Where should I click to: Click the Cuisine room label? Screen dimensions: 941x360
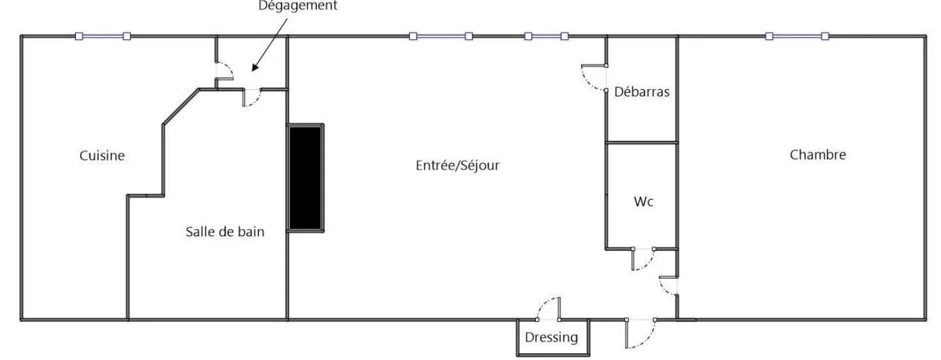[x=102, y=156]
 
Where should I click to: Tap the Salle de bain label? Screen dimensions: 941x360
[x=225, y=232]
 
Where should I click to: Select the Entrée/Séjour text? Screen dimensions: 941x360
[x=457, y=165]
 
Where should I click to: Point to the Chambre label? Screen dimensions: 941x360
[x=817, y=154]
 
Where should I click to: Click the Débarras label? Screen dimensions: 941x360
[x=642, y=92]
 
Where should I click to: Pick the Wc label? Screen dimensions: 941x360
[x=643, y=202]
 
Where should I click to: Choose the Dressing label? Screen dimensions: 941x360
[x=551, y=337]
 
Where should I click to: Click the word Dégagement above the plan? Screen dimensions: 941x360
[x=297, y=5]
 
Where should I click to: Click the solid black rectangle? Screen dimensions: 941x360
[x=305, y=178]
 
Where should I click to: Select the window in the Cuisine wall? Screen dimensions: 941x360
[x=103, y=36]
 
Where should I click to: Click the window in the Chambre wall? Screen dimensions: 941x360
[x=797, y=36]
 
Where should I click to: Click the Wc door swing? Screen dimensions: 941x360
[x=648, y=264]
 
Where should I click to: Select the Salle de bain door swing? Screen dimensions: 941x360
[x=256, y=101]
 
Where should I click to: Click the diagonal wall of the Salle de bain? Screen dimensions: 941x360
[x=181, y=106]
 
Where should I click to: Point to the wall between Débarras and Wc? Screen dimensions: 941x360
[x=642, y=142]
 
